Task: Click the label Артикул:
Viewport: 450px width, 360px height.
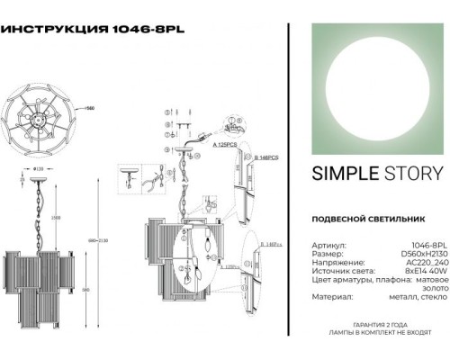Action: click(327, 243)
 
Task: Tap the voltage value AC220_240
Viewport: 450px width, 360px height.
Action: click(423, 263)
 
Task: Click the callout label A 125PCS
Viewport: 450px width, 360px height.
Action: click(225, 143)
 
